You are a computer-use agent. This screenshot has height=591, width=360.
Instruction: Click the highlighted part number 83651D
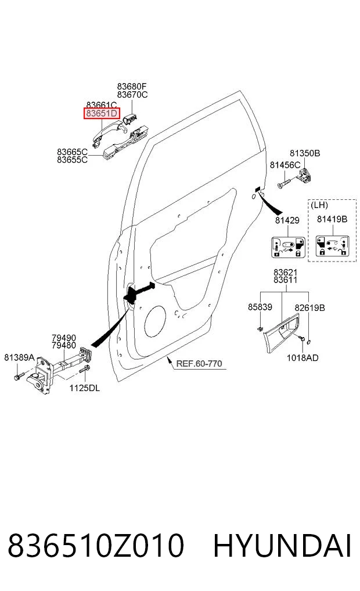(102, 113)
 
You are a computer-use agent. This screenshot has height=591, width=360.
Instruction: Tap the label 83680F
(132, 87)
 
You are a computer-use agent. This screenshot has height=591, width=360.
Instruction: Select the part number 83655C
(73, 160)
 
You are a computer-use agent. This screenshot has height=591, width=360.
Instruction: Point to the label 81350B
(305, 153)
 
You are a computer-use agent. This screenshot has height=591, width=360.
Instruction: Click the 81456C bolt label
(285, 164)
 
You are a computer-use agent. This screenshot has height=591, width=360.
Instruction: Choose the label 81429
(287, 220)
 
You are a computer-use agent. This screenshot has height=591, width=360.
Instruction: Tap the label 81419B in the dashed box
(332, 219)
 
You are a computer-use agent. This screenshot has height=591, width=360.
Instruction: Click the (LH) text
(319, 205)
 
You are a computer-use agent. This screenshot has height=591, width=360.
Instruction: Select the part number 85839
(260, 307)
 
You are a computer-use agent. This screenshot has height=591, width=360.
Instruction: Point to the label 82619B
(309, 308)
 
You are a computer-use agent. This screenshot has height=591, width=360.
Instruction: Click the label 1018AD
(303, 357)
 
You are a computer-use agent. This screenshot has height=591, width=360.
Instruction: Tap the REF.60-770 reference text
(199, 364)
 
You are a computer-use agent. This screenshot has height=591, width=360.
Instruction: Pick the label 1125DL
(85, 388)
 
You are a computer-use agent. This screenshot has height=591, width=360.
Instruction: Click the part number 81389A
(19, 357)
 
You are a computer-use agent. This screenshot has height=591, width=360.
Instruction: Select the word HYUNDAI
(282, 546)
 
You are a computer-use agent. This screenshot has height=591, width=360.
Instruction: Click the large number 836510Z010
(96, 546)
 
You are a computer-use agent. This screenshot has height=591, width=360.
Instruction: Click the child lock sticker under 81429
(288, 247)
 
